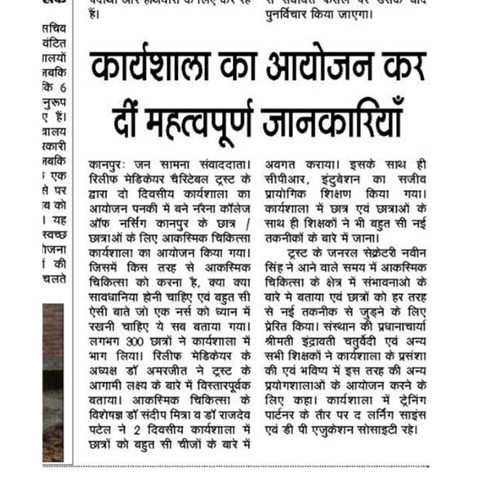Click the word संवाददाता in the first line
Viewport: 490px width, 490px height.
pos(220,166)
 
